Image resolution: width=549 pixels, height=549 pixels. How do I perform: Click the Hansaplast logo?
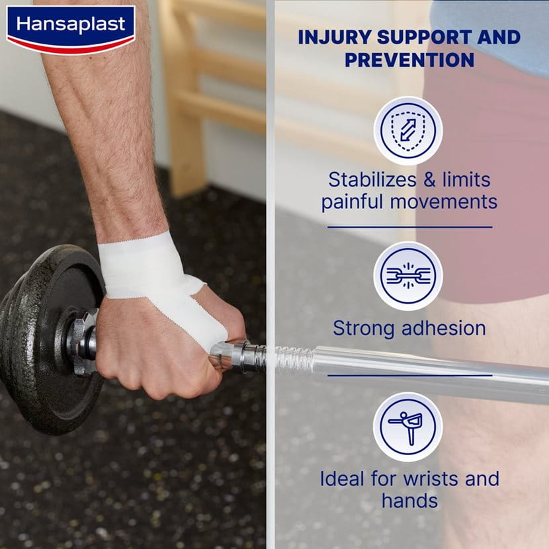pos(71,30)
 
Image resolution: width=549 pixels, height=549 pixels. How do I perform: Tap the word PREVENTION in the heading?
pos(409,60)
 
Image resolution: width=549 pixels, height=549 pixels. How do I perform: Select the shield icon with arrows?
pos(408,130)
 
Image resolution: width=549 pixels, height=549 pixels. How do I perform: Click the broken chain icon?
pos(408,276)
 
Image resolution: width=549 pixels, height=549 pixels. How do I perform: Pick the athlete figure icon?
pos(408,427)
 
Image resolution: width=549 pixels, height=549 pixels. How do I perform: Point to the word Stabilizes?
pos(372,180)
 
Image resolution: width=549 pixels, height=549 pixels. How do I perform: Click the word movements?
pos(444,202)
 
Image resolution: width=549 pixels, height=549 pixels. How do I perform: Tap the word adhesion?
pos(444,329)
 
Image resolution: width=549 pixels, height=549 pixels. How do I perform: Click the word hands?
pos(409,500)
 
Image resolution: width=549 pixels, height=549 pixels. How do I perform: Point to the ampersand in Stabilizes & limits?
pos(429,180)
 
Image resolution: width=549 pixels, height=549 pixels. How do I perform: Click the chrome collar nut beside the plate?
pos(82,341)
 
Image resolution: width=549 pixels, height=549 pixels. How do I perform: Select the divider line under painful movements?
pos(409,228)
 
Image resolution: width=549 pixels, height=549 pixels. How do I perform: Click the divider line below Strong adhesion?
pos(409,375)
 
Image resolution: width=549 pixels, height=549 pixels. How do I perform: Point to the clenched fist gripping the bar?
pos(165,347)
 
